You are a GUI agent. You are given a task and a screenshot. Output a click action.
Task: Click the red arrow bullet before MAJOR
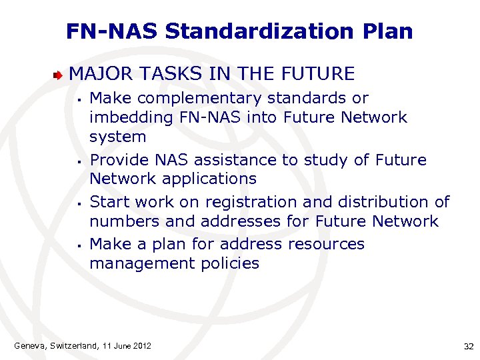pos(60,74)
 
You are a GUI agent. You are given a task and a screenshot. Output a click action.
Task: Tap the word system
pos(117,137)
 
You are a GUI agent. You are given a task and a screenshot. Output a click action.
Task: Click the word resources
pos(326,244)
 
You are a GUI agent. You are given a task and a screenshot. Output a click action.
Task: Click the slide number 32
pos(468,346)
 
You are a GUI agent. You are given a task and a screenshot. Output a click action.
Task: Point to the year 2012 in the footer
pos(141,345)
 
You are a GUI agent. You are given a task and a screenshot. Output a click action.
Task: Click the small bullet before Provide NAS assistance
pos(79,161)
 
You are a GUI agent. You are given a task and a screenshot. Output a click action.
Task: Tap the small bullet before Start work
pos(79,203)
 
